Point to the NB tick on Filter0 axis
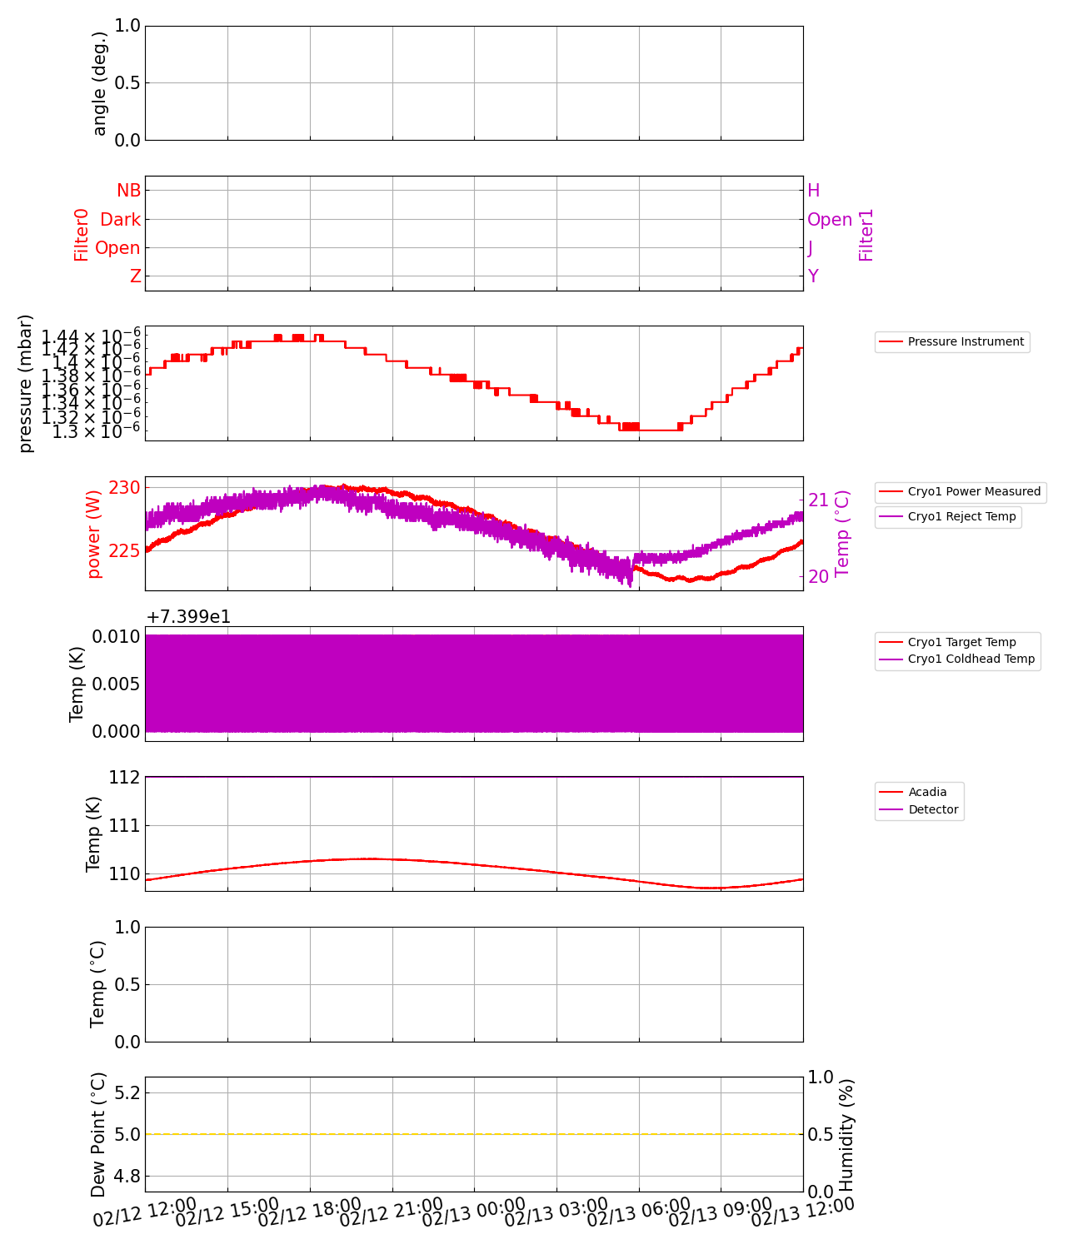[128, 191]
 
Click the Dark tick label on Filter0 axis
[120, 220]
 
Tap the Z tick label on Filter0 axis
[136, 276]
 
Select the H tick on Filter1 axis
[814, 191]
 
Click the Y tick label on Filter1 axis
[813, 276]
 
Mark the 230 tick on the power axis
[125, 487]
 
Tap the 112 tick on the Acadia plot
[125, 778]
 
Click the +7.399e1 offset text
[188, 617]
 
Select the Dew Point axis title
[98, 1134]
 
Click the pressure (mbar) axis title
[26, 383]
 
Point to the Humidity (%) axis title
[846, 1134]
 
